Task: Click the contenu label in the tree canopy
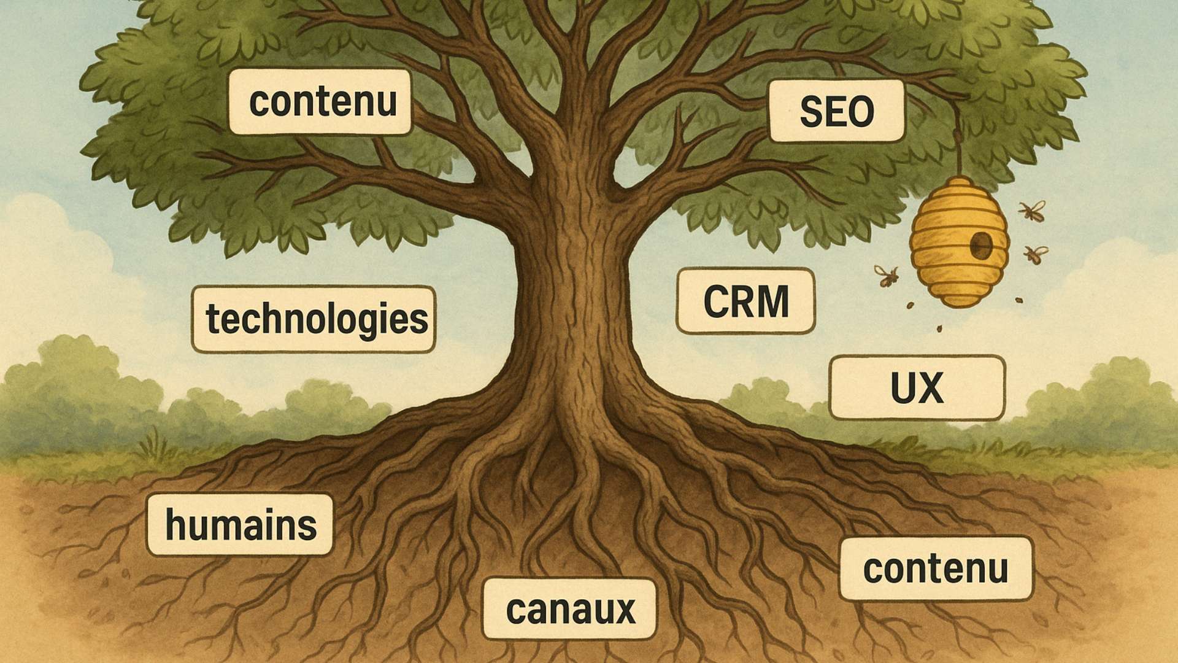click(320, 101)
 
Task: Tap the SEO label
click(837, 111)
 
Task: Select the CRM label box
click(745, 301)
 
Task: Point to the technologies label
click(314, 319)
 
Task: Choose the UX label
click(917, 388)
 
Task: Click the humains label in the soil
click(240, 525)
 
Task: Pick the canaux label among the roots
click(569, 609)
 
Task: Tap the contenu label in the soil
click(936, 568)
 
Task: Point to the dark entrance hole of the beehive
click(980, 246)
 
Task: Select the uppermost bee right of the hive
click(1032, 211)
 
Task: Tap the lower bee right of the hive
click(1036, 254)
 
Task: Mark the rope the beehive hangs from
click(958, 138)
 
